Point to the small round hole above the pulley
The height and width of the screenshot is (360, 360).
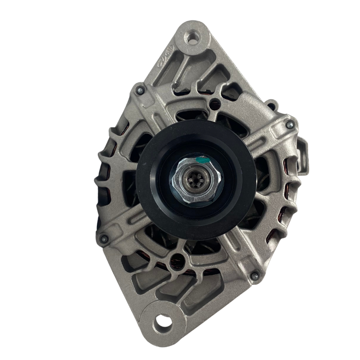click(x=217, y=102)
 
